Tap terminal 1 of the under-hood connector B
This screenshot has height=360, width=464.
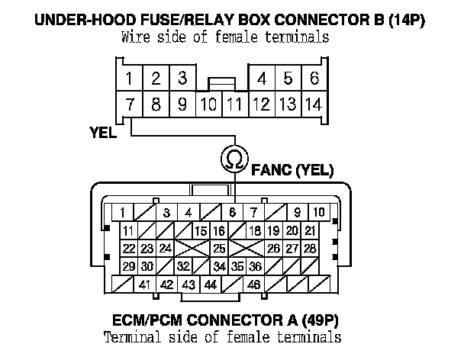point(130,78)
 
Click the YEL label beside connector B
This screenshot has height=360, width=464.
point(102,131)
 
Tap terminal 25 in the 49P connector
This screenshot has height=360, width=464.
point(219,248)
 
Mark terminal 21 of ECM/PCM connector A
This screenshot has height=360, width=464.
point(309,230)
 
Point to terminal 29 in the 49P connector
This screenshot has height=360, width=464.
point(129,266)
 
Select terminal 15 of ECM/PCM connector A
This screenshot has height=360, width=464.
point(201,230)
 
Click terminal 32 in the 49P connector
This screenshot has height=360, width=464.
point(183,266)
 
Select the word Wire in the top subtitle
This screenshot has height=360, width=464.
point(135,36)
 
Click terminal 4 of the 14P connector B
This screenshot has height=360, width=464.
point(263,78)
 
